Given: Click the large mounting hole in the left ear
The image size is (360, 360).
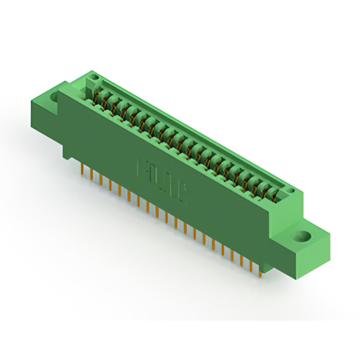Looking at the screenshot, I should coord(55,97).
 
